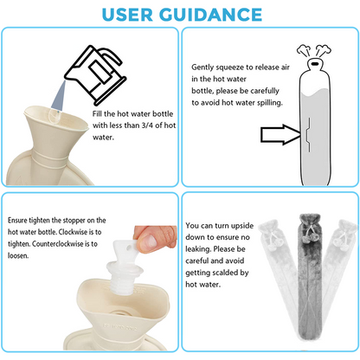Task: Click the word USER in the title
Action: (127, 15)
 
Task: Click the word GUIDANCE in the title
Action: (211, 15)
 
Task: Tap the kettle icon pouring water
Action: (96, 74)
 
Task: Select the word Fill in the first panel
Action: (97, 113)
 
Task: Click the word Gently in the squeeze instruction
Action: (202, 67)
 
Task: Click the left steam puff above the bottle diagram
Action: (304, 51)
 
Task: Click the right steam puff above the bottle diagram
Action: (323, 50)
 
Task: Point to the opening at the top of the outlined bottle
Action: (314, 62)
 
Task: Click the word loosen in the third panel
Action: (18, 255)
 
